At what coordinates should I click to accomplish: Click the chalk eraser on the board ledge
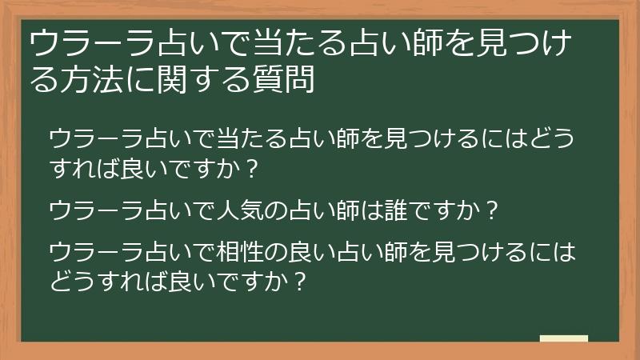click(564, 339)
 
